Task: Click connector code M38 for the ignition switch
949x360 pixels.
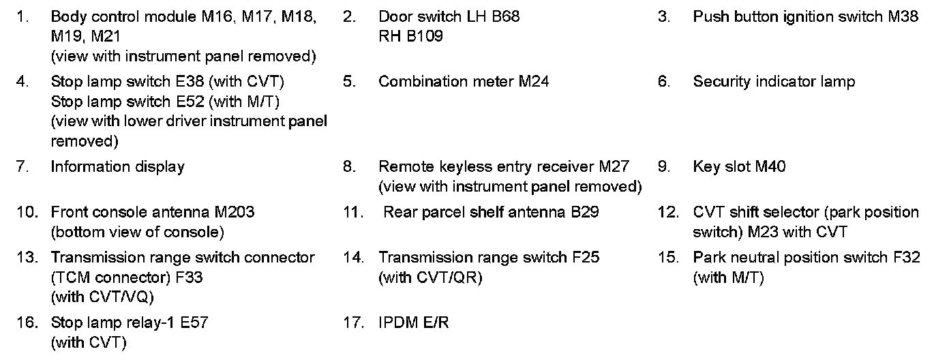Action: (x=903, y=17)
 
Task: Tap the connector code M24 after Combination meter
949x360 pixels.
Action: (x=533, y=82)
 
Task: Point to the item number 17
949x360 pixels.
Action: (x=353, y=322)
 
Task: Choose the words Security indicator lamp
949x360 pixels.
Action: (x=774, y=82)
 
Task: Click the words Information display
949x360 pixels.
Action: (x=117, y=167)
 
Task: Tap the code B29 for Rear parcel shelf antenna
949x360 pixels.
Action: (x=586, y=212)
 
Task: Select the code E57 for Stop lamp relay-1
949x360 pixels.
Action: (x=194, y=322)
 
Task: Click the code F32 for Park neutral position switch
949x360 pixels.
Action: (x=906, y=258)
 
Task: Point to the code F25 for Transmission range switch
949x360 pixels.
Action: (x=586, y=258)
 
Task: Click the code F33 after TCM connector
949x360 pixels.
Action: (x=190, y=277)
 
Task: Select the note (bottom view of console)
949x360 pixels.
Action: (x=137, y=232)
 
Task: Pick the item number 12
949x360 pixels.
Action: (x=667, y=212)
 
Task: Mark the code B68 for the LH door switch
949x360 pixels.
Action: (x=505, y=17)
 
